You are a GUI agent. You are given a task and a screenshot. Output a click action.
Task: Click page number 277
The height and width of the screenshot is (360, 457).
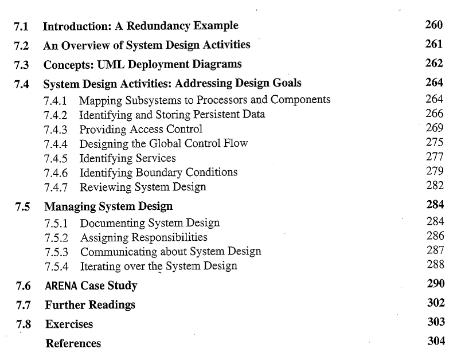(x=435, y=158)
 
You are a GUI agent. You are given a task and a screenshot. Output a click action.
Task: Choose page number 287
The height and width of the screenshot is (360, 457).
(x=435, y=251)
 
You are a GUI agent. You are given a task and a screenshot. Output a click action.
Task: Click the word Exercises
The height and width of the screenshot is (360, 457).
(x=69, y=324)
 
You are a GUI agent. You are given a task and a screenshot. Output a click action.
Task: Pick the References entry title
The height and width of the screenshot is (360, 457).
(x=73, y=343)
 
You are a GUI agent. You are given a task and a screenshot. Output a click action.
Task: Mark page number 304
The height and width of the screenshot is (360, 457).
(x=436, y=342)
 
